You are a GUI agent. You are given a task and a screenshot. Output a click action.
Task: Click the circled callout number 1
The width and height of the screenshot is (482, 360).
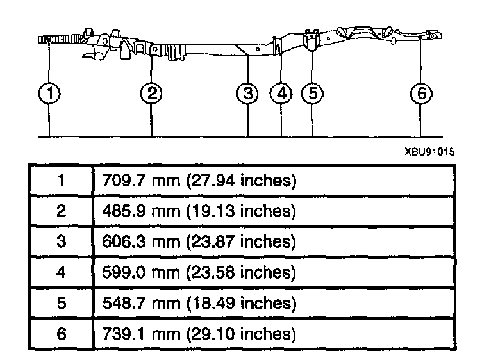pos(49,94)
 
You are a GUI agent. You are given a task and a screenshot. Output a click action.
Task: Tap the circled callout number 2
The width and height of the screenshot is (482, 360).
pos(151,94)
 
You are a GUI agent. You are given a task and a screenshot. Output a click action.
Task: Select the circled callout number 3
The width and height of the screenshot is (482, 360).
pos(248,94)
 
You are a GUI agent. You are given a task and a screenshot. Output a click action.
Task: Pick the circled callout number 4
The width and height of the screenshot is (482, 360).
pos(281,94)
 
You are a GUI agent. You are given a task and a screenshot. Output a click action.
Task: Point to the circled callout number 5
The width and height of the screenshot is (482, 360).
pos(312,94)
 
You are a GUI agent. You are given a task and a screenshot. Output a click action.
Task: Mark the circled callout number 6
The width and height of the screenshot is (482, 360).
pos(420,94)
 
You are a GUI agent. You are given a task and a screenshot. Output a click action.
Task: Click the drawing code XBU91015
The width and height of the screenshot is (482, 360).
pos(429,152)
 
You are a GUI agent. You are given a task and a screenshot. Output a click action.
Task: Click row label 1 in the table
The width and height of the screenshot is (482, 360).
pos(61,181)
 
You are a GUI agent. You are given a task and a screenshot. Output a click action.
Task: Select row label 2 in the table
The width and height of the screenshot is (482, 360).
pos(61,212)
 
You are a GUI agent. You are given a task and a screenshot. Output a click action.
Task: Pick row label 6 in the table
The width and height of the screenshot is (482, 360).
pos(61,334)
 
